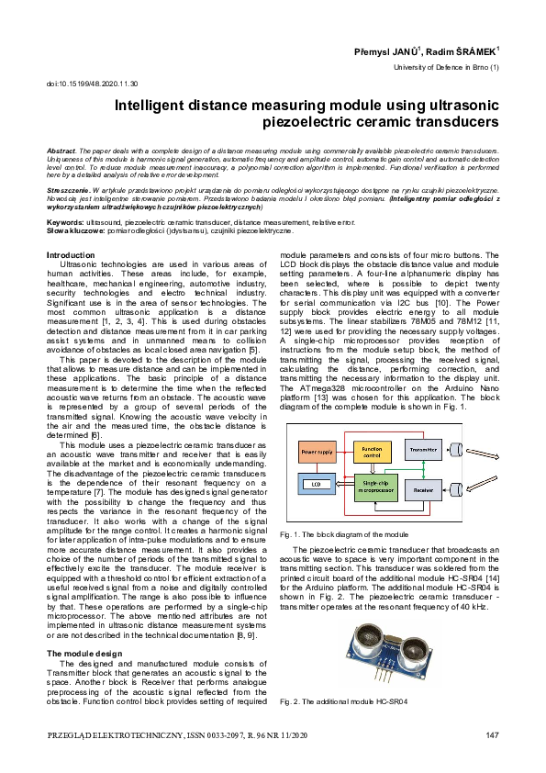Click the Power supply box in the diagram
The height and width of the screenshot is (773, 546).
317,453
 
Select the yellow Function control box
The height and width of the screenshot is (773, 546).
372,452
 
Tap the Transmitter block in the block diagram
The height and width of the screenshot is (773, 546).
422,450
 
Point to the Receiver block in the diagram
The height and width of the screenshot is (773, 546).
422,490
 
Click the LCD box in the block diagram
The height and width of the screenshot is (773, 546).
316,483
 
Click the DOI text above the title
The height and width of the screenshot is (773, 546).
91,84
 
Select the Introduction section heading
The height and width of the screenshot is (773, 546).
70,254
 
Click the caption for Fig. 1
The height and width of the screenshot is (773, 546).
343,533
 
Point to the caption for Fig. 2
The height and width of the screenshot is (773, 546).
342,702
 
